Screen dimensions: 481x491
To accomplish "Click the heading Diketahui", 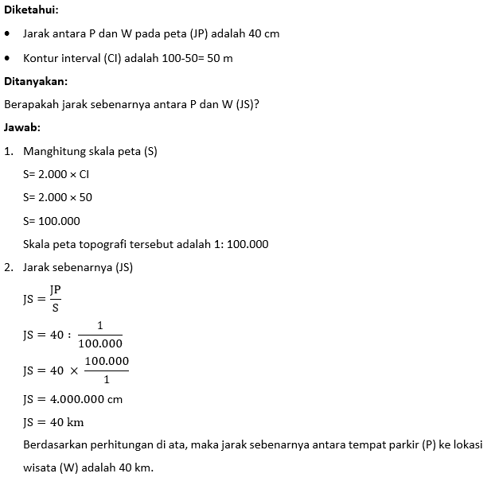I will click(x=31, y=11).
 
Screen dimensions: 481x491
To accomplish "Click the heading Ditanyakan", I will click(x=36, y=81).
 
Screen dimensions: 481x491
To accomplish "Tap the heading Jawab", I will click(x=22, y=127).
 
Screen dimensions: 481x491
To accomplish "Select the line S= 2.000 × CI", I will click(x=56, y=174).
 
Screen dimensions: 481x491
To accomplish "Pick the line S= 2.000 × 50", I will click(x=57, y=197).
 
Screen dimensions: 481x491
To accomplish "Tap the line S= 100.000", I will click(x=52, y=220).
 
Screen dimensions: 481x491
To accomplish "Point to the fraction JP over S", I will click(x=55, y=298).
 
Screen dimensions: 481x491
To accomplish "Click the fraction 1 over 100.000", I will click(x=100, y=334).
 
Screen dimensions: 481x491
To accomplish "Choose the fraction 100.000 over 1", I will click(x=107, y=370).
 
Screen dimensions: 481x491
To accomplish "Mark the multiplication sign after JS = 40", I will click(x=72, y=371).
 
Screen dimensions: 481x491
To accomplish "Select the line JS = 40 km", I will click(x=53, y=421).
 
